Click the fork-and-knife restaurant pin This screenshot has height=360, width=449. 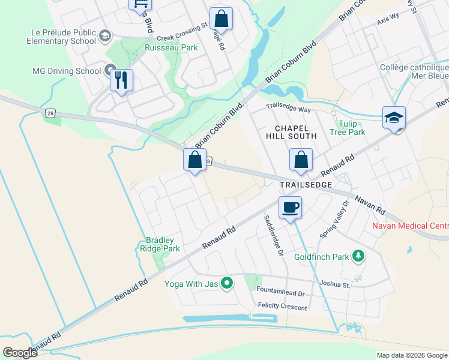point(121,80)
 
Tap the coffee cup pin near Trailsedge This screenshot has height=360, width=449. point(290,208)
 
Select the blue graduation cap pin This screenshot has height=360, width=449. point(394,118)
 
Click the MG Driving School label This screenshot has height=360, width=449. point(67,71)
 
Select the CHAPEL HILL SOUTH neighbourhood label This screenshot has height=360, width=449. point(292,133)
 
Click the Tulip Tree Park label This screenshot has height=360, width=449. point(348,128)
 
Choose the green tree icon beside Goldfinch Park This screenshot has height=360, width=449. point(358,257)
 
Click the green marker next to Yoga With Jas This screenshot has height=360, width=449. point(227,282)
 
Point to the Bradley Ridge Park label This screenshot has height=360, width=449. point(159,244)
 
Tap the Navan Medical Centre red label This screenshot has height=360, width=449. point(410,226)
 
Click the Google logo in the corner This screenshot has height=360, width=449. point(20,353)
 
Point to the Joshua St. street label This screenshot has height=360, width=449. point(335,285)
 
